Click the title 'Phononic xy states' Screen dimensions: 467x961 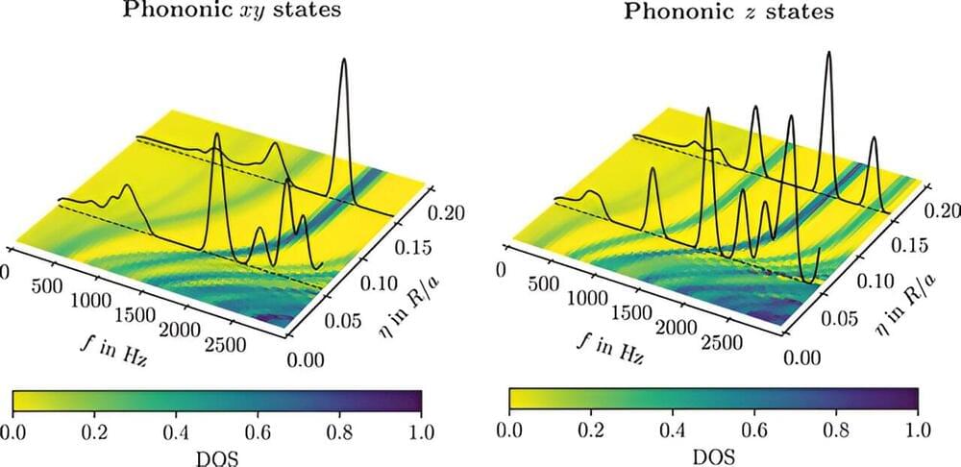coord(233,13)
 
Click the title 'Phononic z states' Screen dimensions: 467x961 coord(728,13)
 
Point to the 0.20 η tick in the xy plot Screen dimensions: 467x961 coord(459,213)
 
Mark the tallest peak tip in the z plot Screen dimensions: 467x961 coord(829,53)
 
